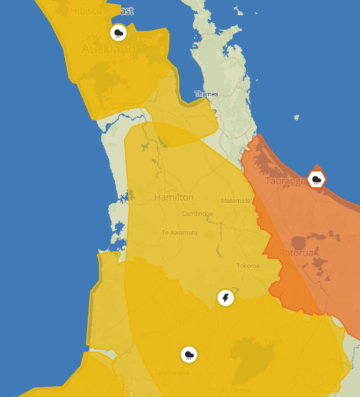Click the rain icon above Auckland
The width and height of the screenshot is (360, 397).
118,32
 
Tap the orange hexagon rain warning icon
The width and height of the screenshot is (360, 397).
316,179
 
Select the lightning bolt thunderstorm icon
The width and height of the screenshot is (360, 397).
226,298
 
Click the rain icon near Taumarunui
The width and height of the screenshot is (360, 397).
189,355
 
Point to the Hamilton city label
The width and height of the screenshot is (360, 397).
174,197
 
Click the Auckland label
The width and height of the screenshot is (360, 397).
109,49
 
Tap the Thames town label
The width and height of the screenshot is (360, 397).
206,94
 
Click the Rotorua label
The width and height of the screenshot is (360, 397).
298,253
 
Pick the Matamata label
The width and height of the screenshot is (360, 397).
235,201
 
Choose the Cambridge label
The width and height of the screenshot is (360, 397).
197,214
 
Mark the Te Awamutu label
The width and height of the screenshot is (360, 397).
178,233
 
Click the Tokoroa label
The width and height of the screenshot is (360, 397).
247,265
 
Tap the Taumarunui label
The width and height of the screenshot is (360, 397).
168,372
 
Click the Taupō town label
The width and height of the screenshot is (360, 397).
273,342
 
